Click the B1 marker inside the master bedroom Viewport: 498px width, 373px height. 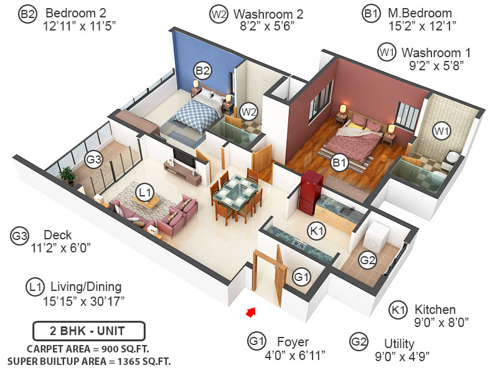coord(339,163)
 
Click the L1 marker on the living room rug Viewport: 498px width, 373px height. coord(146,193)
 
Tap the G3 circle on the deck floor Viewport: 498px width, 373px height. coord(94,160)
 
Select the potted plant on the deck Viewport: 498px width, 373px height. coord(68,176)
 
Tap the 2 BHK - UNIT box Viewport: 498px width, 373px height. coord(89,329)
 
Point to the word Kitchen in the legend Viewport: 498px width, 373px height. coord(436,310)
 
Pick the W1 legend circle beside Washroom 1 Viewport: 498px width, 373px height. coord(387,52)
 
